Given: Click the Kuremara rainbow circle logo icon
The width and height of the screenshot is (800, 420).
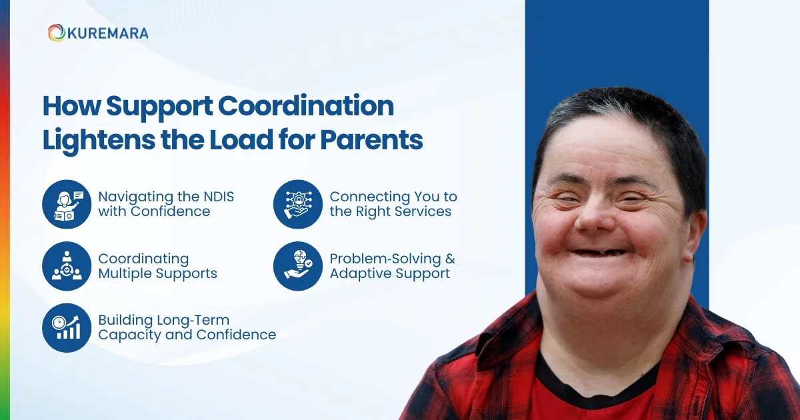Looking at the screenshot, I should [x=56, y=33].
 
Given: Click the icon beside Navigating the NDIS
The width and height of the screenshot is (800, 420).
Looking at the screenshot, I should [x=66, y=204].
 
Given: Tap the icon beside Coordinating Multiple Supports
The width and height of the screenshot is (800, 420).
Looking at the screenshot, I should [x=66, y=266].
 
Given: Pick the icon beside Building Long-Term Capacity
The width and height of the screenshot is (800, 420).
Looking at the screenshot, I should [x=66, y=327].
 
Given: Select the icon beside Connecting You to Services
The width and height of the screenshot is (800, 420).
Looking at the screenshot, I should [x=297, y=204].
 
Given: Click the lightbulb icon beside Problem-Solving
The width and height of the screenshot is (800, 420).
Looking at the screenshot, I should [x=297, y=266].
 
